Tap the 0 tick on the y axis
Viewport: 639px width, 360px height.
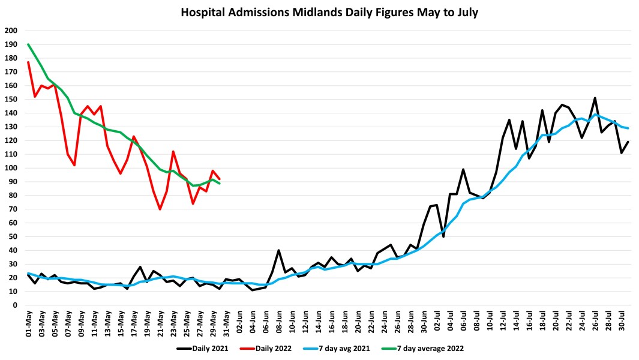click(14, 305)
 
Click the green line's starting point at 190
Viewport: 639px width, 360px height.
click(28, 44)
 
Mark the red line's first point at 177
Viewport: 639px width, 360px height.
click(28, 62)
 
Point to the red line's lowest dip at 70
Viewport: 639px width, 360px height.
click(160, 209)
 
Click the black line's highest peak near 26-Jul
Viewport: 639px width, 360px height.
click(595, 98)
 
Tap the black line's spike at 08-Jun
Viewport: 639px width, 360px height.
click(279, 250)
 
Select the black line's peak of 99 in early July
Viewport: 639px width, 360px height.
click(463, 169)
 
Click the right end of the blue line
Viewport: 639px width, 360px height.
click(628, 128)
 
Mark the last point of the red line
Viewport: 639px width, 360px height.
click(220, 179)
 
